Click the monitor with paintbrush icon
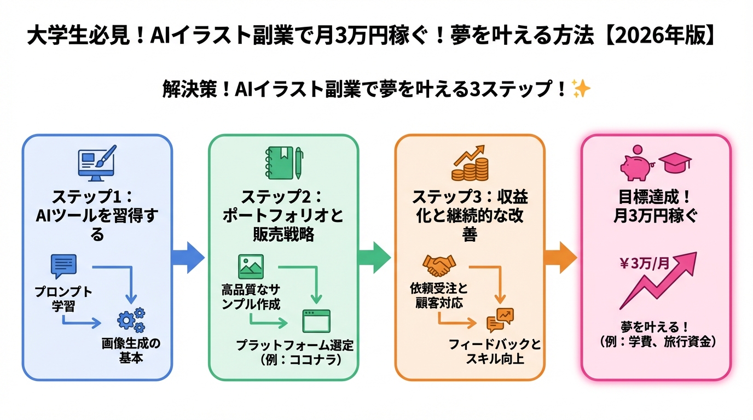(x=97, y=163)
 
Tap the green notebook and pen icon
(x=283, y=163)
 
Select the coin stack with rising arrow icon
(x=470, y=163)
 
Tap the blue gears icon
(x=131, y=320)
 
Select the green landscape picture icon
(x=251, y=266)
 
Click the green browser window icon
(x=317, y=320)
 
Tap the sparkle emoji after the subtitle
(x=581, y=88)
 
